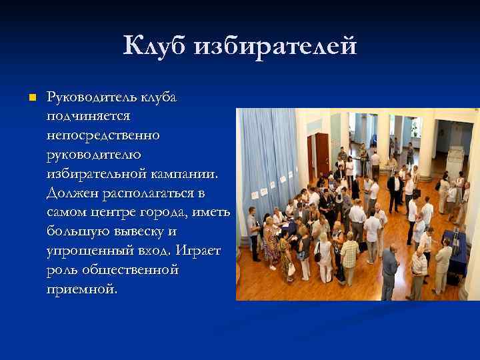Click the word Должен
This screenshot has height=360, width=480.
[71, 193]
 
